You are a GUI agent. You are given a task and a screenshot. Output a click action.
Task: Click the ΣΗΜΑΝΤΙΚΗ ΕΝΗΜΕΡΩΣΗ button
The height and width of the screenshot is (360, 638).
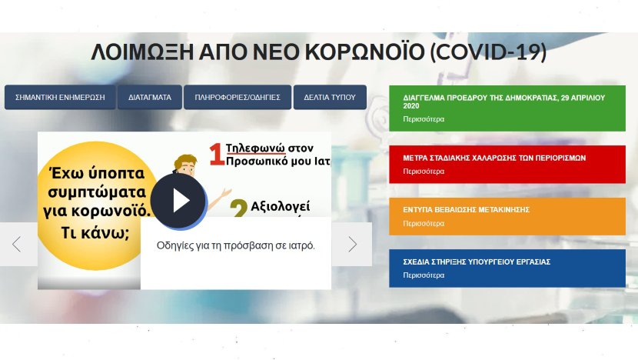(x=60, y=98)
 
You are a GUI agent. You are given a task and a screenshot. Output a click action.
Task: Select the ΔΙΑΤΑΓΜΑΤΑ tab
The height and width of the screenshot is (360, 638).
(x=150, y=98)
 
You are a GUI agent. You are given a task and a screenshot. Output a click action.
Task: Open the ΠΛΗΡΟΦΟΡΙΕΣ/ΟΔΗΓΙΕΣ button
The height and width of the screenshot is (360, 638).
(x=238, y=98)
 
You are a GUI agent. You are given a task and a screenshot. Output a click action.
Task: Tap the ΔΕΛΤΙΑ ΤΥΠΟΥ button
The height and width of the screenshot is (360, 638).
(x=330, y=98)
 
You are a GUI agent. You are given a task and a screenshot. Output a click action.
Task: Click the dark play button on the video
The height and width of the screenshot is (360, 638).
(x=178, y=200)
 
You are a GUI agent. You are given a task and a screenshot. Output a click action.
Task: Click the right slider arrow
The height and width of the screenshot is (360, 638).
(x=352, y=245)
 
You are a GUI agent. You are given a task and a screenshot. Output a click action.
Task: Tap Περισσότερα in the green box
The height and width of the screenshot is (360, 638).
(x=424, y=119)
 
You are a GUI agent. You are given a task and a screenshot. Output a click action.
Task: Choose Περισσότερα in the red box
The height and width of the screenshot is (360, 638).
(x=424, y=172)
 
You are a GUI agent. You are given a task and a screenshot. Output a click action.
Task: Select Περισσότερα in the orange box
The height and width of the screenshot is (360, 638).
(x=424, y=224)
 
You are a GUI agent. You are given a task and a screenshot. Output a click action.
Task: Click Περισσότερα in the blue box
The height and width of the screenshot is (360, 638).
(x=424, y=275)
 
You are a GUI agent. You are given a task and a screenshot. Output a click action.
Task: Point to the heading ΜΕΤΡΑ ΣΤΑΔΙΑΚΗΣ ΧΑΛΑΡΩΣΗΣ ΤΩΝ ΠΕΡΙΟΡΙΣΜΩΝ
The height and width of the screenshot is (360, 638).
(x=494, y=158)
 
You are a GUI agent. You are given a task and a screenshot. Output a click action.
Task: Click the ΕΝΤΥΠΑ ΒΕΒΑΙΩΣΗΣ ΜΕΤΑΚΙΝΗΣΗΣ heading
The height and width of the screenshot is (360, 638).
(x=467, y=210)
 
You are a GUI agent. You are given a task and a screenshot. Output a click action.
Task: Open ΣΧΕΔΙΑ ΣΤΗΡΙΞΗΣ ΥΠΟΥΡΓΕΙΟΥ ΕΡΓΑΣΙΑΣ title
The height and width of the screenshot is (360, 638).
(x=477, y=262)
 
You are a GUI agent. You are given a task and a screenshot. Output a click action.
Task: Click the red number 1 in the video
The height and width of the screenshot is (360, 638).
(x=217, y=155)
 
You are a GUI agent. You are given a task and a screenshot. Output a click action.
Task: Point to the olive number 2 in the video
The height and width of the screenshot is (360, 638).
(x=239, y=208)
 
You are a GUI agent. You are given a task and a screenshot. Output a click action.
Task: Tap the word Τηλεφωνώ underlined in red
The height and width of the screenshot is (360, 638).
(x=255, y=148)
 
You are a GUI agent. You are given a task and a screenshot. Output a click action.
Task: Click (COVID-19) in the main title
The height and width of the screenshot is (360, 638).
(x=488, y=52)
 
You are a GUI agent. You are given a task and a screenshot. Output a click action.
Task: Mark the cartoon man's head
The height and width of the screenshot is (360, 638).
(x=185, y=165)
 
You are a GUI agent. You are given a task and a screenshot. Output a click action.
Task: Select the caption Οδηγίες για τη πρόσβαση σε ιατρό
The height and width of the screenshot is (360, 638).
(x=235, y=245)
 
